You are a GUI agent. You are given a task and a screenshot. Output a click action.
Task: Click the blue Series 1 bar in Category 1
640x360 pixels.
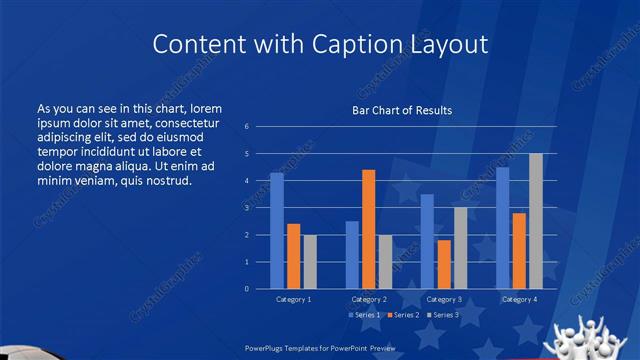tap(277, 231)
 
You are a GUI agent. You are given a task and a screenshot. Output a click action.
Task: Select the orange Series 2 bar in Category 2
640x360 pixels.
tap(368, 229)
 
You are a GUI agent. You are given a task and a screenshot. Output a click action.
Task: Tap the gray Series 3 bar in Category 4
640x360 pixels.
tap(536, 221)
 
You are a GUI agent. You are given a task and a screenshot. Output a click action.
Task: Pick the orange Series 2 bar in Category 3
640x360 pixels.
tap(444, 264)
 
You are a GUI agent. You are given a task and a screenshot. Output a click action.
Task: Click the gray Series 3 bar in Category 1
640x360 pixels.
tap(310, 262)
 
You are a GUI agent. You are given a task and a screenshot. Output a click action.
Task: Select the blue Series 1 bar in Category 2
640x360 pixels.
tap(352, 255)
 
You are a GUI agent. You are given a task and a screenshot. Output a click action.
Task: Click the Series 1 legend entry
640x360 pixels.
tap(364, 315)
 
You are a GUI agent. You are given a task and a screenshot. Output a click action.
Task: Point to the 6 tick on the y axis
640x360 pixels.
tap(246, 127)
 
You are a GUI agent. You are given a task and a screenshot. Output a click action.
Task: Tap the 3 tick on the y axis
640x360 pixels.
tap(246, 208)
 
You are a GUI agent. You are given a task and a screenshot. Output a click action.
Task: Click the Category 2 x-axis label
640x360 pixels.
tap(369, 299)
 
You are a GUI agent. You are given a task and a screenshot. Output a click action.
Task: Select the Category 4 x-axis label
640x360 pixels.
tap(519, 299)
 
